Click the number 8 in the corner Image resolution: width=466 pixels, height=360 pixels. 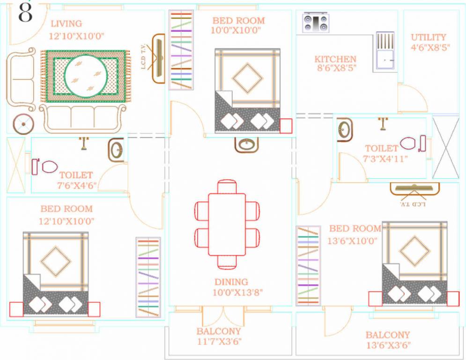pos(25,13)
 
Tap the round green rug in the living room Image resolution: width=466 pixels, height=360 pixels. pos(86,76)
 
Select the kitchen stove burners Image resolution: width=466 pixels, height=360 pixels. pos(316,22)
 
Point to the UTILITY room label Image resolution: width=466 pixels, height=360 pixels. pos(428,37)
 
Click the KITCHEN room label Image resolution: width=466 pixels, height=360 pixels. pos(335,59)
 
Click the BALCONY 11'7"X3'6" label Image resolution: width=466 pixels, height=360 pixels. pos(219,337)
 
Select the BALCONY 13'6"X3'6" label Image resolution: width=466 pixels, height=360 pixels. pos(388,340)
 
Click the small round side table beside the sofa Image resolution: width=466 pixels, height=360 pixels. pos(23,124)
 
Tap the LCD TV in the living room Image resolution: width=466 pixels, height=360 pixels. pos(159,58)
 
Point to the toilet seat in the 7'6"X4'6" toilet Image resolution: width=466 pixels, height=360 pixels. pos(49,166)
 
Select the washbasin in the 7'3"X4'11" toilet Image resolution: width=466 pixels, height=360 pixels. pos(345,129)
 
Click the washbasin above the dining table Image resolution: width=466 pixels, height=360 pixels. pos(247,144)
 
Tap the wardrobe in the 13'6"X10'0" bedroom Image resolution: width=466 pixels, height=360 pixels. pos(308,265)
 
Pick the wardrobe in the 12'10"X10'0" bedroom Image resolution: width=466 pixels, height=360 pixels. pos(148,277)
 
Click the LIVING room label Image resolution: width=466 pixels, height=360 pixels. pos(66,23)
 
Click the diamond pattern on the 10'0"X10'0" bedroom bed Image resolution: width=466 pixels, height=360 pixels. pos(247,78)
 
